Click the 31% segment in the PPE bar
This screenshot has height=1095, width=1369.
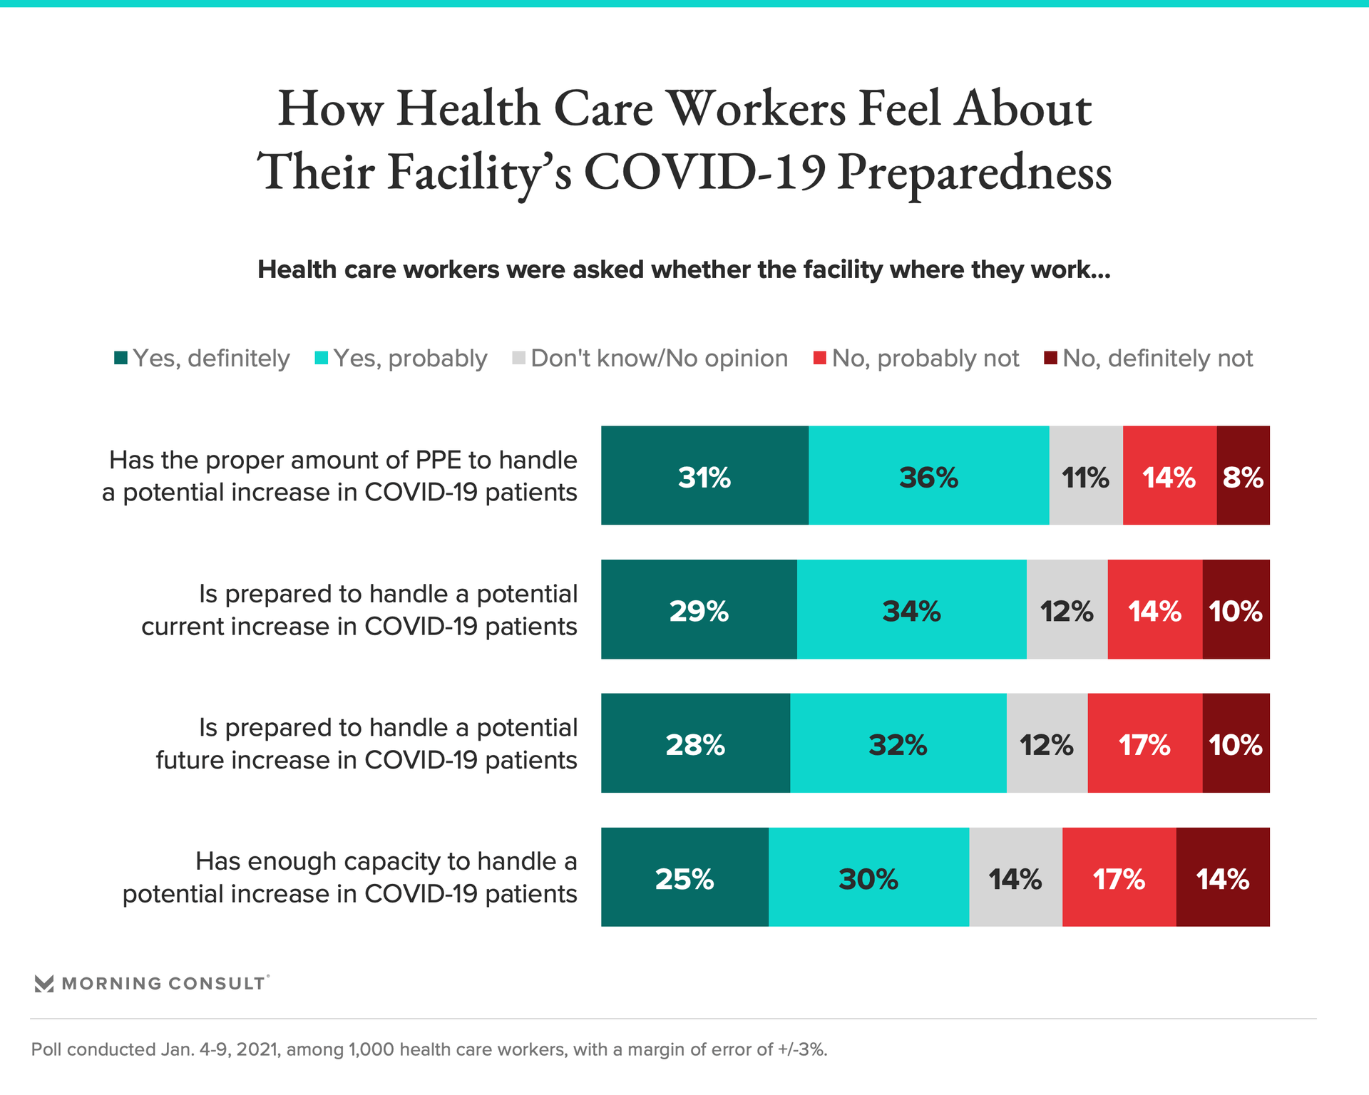[704, 475]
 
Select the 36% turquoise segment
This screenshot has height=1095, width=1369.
[928, 475]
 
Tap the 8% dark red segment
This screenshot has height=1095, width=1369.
[1243, 475]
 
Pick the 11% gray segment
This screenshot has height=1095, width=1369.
[1085, 475]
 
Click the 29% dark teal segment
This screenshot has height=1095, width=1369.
[699, 610]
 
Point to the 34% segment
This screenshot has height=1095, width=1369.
[911, 610]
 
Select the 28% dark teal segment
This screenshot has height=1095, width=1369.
[695, 743]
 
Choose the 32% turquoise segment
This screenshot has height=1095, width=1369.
[898, 743]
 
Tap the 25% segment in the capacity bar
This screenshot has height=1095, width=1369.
[684, 877]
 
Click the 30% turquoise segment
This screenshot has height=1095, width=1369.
[868, 877]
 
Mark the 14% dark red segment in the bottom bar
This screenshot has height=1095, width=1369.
[1223, 877]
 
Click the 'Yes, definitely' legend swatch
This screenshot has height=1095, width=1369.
[121, 358]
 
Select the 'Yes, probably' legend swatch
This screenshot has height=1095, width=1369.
[322, 358]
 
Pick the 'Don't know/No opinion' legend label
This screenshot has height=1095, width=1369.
[660, 358]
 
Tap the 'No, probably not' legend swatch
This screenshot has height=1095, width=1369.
[820, 358]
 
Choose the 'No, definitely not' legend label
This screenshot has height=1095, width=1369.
[1157, 358]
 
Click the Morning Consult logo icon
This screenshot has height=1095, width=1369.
[44, 984]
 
